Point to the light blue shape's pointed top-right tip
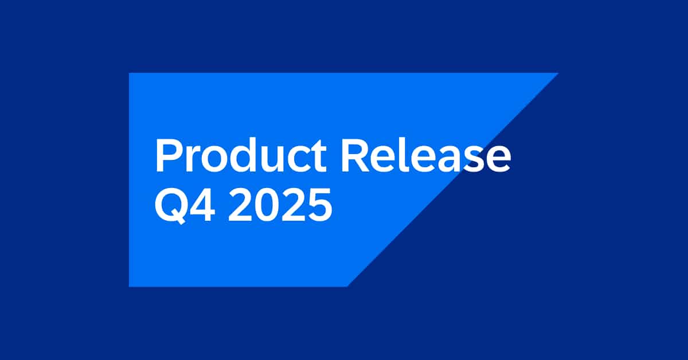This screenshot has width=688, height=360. coord(557,73)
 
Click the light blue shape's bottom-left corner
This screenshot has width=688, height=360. coord(130,285)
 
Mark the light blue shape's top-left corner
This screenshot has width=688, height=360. coord(130,74)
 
